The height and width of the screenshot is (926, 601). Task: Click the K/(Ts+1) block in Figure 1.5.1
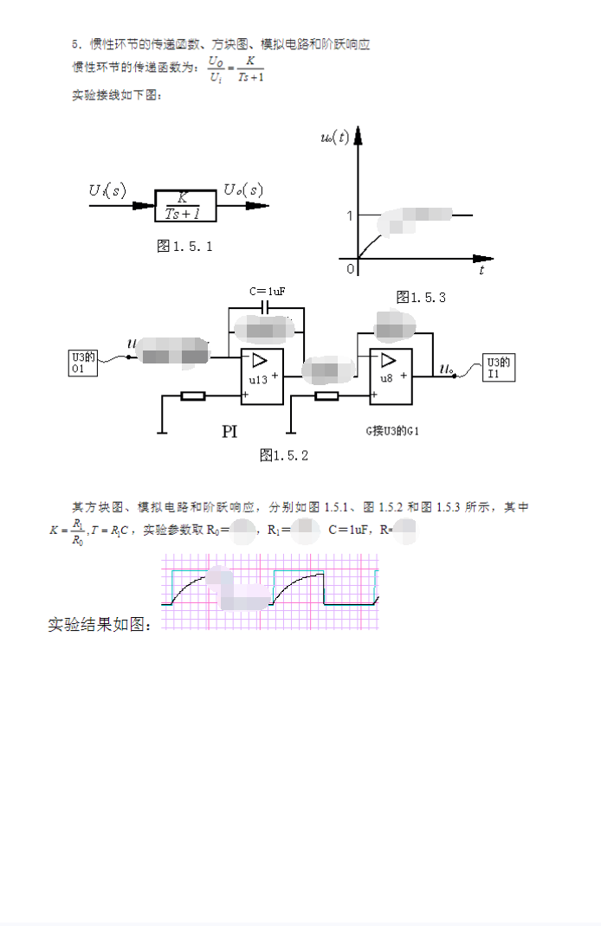click(x=183, y=205)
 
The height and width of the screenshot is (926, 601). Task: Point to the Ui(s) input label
click(x=107, y=190)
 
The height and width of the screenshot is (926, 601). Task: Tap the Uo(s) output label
click(x=243, y=190)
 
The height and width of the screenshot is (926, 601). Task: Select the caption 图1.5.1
click(x=184, y=247)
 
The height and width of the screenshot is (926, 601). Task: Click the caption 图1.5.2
click(x=284, y=455)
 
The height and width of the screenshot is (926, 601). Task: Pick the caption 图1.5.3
click(x=421, y=297)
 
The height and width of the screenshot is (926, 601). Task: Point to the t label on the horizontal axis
click(x=481, y=271)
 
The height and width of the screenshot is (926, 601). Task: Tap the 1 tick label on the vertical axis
click(x=350, y=215)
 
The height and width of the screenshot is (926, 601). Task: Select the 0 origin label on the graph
click(x=351, y=269)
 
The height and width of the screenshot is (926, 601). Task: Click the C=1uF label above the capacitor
click(x=267, y=292)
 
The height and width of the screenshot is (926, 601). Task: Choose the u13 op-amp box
click(x=262, y=377)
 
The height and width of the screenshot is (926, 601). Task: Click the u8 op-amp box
click(x=390, y=376)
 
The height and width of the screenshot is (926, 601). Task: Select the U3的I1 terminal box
click(x=499, y=368)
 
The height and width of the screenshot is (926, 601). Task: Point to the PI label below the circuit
click(x=229, y=431)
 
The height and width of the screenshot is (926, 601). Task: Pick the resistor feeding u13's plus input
click(x=192, y=396)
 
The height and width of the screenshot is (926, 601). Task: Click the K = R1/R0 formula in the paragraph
click(x=67, y=530)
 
